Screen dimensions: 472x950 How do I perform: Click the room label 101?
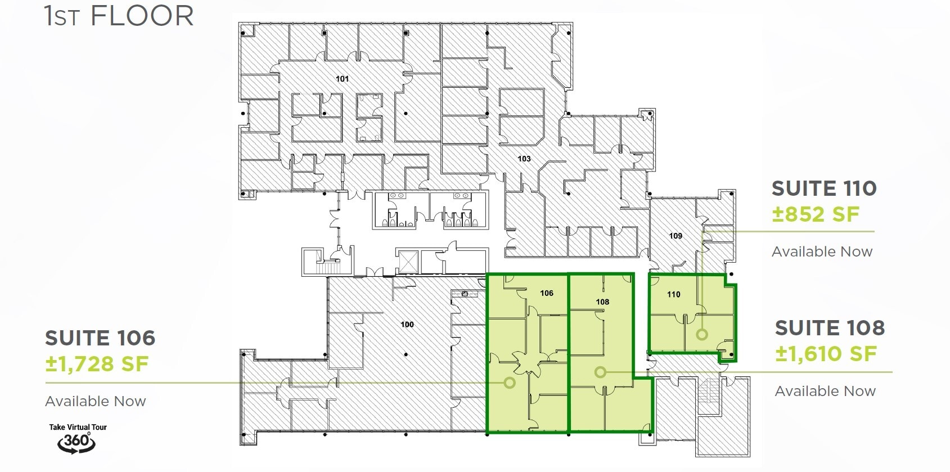(x=343, y=79)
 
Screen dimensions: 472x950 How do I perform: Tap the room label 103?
(x=524, y=159)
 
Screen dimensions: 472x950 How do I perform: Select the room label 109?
(x=676, y=236)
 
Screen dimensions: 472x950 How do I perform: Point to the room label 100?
(x=407, y=324)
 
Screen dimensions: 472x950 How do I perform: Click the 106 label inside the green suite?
(x=547, y=293)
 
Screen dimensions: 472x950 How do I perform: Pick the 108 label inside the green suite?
(x=602, y=302)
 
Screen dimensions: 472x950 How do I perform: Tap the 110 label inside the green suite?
(x=674, y=294)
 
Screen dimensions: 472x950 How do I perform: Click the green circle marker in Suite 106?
(x=510, y=383)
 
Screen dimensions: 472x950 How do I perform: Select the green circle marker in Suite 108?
(x=600, y=372)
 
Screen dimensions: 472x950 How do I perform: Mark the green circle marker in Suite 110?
(x=701, y=334)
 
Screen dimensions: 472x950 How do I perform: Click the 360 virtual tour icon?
(x=76, y=442)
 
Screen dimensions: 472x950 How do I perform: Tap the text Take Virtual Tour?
(x=78, y=427)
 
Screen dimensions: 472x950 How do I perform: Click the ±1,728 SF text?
(x=97, y=364)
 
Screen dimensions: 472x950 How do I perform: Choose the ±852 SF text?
(x=816, y=214)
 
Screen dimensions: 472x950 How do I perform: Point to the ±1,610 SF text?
(x=826, y=354)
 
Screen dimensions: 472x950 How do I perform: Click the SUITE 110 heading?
(x=824, y=188)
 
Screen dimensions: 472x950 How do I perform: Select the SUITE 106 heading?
(x=100, y=338)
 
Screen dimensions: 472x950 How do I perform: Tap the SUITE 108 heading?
(x=830, y=328)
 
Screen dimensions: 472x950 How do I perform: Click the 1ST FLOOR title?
(x=119, y=16)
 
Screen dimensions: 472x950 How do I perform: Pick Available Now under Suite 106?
(x=96, y=401)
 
